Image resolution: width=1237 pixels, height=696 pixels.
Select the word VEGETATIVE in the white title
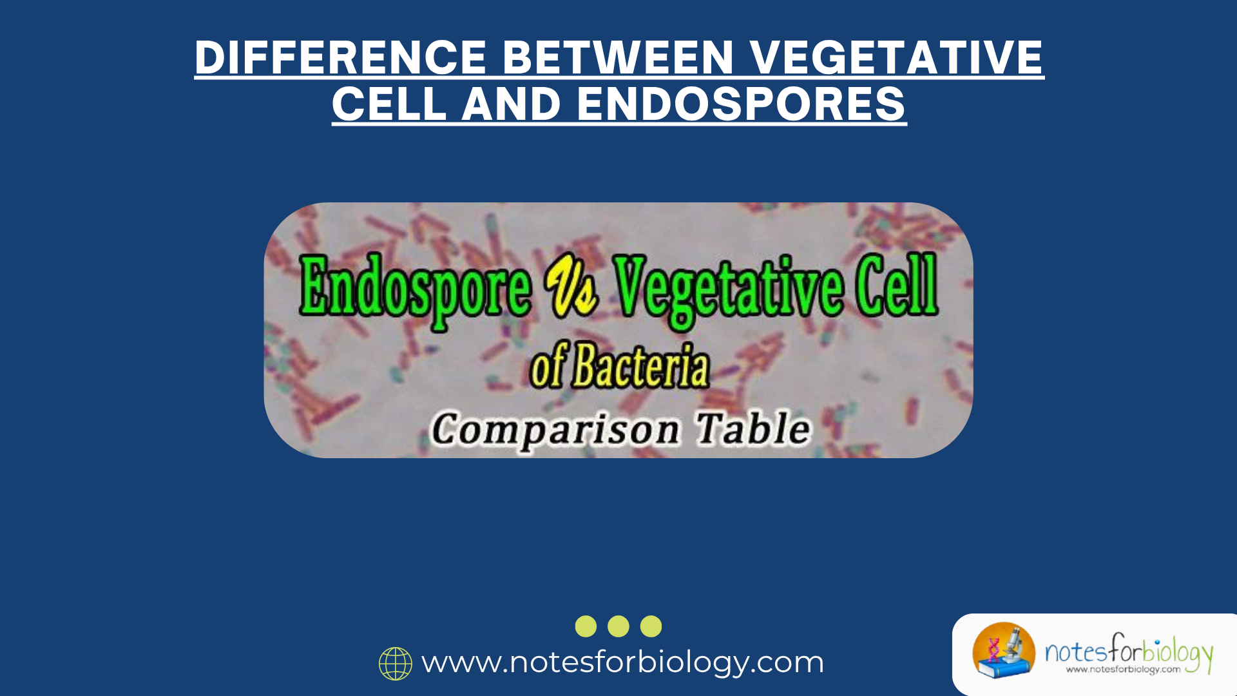coord(896,57)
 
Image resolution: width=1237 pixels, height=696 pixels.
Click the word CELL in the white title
coord(389,104)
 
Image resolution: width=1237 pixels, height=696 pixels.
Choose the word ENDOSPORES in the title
coord(742,104)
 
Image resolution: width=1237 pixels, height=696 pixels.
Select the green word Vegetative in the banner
coord(728,289)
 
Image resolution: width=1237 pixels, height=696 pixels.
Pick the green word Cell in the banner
coord(896,285)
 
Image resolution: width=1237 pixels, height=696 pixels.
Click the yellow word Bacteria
coord(640,367)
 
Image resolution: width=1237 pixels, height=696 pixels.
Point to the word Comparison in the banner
coord(555,430)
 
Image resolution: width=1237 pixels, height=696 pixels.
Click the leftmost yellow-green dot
coord(586,626)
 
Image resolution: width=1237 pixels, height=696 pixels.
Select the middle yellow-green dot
coord(618,626)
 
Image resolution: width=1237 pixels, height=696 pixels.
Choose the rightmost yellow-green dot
coord(651,626)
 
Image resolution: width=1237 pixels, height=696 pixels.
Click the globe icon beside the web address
coord(396,664)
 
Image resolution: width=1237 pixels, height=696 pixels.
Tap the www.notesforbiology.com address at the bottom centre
coord(622,662)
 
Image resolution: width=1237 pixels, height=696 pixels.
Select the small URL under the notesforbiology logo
coord(1123,670)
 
